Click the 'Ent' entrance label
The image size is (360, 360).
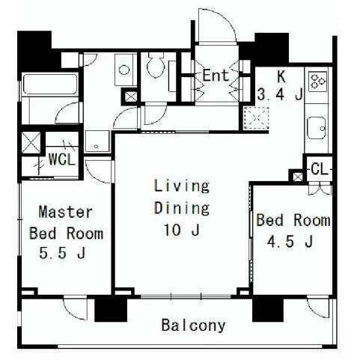point(216,76)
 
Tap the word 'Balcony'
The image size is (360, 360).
point(193,326)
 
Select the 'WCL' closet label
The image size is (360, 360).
point(62,159)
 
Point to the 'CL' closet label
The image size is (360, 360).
point(319,169)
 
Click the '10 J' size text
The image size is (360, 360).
point(182,230)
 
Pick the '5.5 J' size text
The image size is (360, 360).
point(62,253)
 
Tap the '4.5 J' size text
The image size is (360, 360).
point(290,242)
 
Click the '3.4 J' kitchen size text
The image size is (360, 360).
point(280,94)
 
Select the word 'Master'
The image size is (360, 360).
point(66,212)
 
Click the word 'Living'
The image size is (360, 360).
point(182,186)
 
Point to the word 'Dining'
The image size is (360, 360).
point(182,208)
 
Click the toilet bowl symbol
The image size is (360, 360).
point(156,64)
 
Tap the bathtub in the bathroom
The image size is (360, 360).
point(49,84)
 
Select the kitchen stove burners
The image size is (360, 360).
point(317,82)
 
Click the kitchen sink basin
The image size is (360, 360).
point(316,128)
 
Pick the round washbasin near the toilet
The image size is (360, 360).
point(124,70)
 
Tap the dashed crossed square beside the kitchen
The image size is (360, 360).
point(257,118)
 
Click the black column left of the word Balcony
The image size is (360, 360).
point(111,308)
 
